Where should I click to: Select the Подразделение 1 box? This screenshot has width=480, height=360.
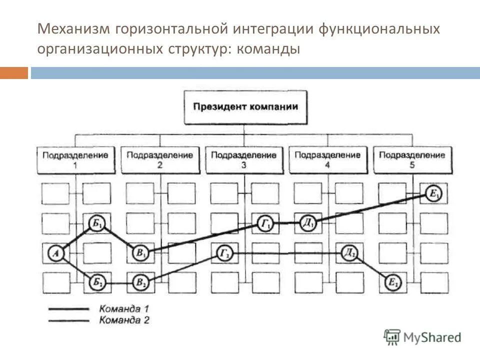coord(74,159)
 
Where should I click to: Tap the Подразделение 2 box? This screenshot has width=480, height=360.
coord(159,159)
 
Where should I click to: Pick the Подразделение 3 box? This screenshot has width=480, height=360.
coord(243,159)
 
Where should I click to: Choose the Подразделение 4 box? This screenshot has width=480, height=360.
coord(327,159)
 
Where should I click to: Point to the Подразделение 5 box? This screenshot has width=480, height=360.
coord(412,159)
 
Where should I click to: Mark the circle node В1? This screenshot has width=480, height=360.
coord(139,253)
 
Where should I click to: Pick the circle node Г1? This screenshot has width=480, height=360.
coord(265,223)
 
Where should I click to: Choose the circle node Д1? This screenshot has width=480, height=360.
coord(308,223)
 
